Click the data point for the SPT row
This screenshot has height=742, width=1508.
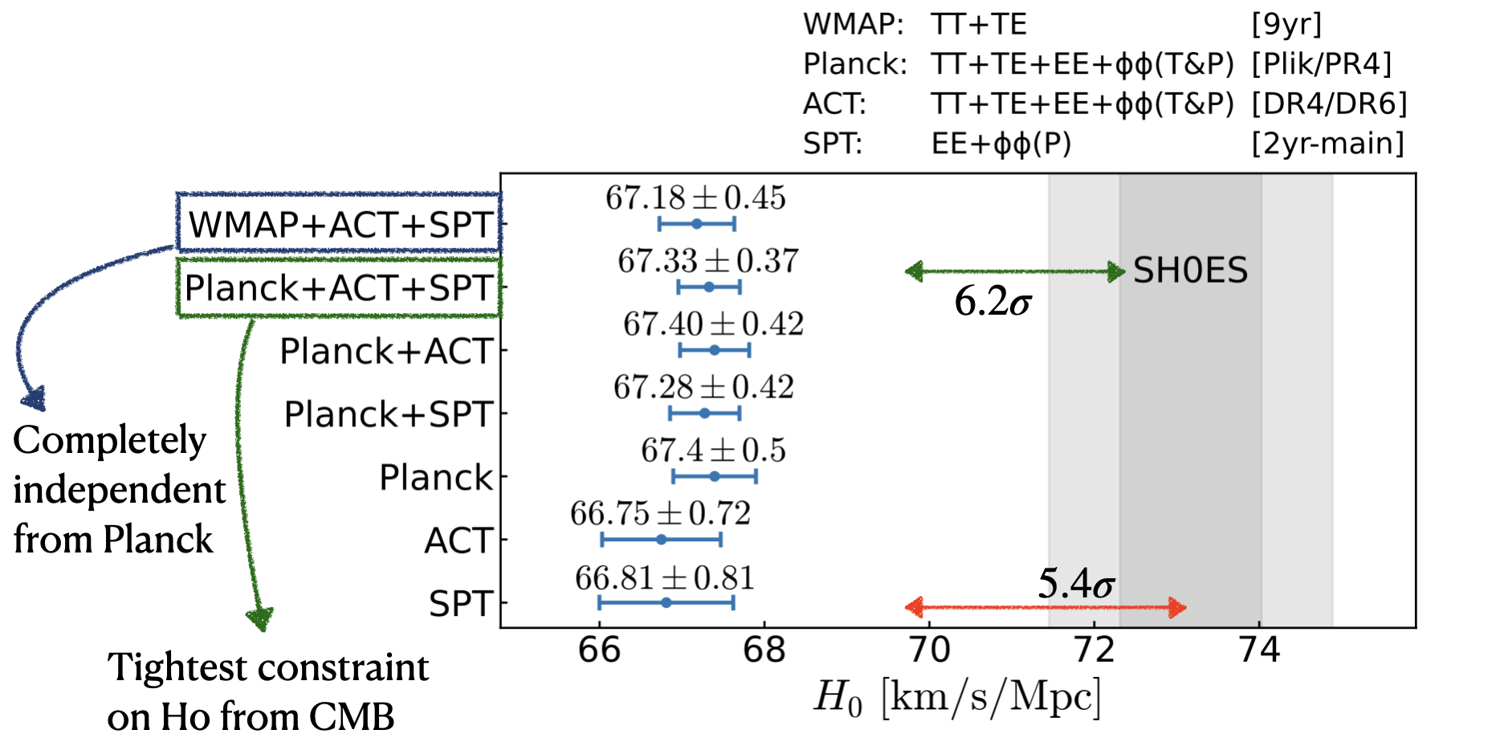666,602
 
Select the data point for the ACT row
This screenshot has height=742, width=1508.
661,540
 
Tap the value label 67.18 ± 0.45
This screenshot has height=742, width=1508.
695,198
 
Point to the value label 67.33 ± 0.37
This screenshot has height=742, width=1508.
707,261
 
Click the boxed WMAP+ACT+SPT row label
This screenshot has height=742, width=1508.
340,224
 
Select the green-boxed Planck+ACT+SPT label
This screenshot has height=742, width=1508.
339,287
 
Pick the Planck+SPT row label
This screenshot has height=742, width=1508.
388,414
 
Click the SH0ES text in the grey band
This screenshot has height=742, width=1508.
1190,271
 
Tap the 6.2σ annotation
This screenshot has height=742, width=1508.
992,303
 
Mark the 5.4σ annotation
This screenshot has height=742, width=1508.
1075,584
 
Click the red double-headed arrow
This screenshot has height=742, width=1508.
1045,607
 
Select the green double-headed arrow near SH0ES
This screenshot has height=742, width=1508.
1015,271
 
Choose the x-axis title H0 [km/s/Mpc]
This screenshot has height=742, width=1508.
956,696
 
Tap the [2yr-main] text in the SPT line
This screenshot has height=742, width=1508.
1327,144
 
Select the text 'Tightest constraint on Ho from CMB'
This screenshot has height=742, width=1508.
267,691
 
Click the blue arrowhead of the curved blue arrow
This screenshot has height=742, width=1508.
33,397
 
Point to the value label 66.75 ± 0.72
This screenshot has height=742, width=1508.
660,514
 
